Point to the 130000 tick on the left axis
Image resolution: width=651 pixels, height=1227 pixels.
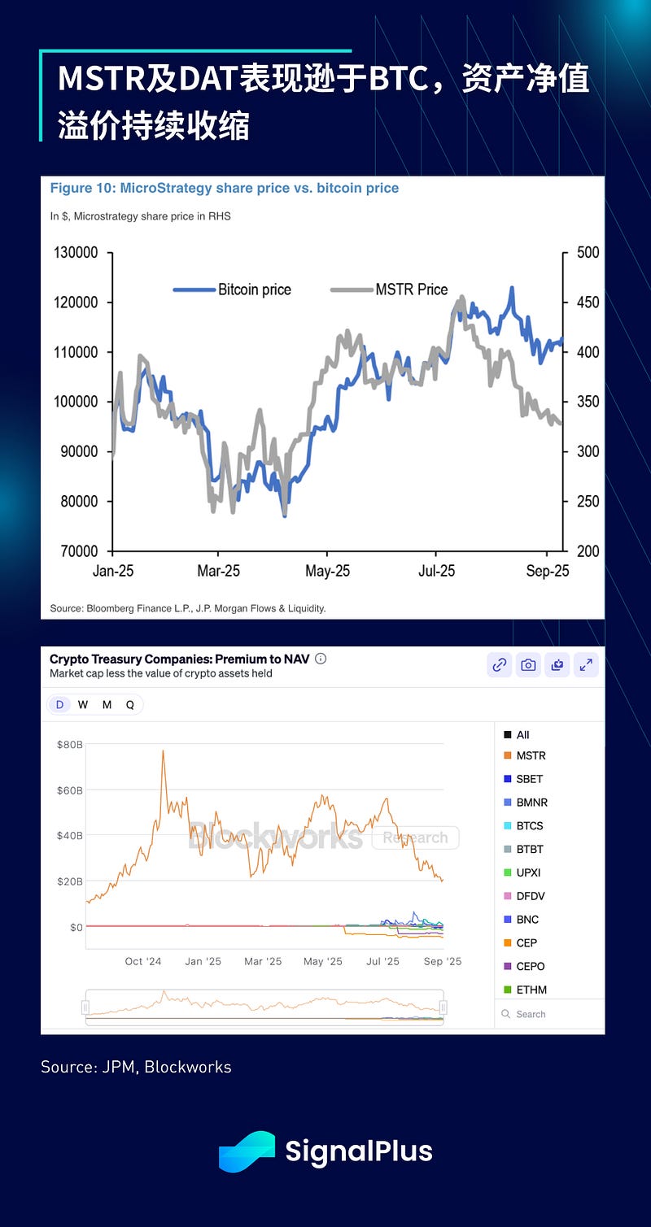[76, 253]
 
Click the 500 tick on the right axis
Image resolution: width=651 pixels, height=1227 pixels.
[588, 253]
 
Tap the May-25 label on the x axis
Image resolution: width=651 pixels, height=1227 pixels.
[328, 571]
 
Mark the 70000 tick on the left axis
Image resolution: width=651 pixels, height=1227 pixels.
[79, 551]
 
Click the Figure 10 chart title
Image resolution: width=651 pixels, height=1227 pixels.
[225, 188]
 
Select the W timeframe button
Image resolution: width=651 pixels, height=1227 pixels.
[83, 705]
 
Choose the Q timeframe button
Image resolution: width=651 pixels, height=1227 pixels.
[130, 705]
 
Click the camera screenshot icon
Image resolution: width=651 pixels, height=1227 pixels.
[528, 665]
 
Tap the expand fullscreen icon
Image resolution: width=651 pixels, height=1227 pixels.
[585, 665]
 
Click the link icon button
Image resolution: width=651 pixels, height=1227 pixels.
[499, 665]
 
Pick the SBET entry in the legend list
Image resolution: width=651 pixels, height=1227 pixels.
[529, 779]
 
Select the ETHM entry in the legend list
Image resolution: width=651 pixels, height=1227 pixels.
[531, 990]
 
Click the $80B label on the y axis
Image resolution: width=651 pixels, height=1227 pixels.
[69, 744]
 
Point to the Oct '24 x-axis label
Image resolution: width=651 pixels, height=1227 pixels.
[143, 961]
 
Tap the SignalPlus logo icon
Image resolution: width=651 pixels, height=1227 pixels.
[247, 1151]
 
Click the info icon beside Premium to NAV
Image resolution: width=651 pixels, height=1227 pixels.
[321, 659]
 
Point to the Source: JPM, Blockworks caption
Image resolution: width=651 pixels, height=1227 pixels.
[136, 1067]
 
